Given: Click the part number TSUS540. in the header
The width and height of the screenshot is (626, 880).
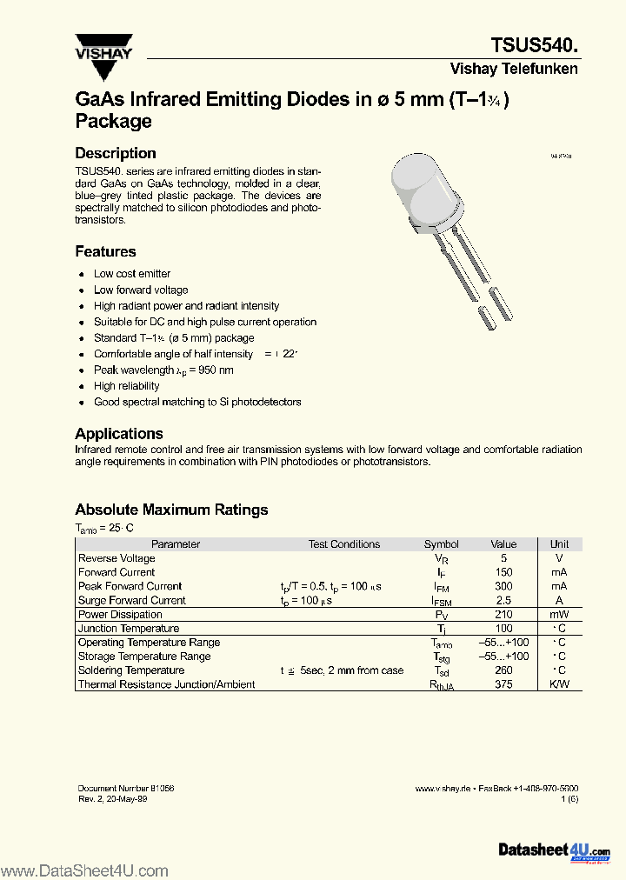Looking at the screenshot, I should coord(534,45).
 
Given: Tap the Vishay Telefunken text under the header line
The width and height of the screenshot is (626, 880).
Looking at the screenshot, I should coord(514,69).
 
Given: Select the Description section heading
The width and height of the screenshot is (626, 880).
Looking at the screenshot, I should coord(116,153).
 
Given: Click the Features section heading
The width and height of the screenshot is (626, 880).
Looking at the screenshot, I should coord(105,251).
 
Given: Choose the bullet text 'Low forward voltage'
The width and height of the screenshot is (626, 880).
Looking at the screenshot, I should coord(141,290).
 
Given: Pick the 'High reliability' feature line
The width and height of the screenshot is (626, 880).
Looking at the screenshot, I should coord(127,386).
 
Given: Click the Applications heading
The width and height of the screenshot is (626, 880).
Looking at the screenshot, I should coord(119,433).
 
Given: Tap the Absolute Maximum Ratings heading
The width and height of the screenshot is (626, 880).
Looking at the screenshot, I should coord(171,510).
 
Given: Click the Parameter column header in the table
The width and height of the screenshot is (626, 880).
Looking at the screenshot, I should coord(176,544).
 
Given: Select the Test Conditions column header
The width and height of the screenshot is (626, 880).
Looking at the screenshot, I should coord(344,544).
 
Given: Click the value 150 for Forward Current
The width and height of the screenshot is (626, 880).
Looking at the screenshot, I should coord(503,572).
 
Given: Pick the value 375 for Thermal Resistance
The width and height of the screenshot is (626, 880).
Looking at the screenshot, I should coord(503,684).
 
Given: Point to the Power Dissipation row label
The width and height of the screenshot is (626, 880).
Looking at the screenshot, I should coord(120,615).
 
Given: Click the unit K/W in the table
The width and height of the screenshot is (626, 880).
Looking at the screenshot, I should coord(559,684).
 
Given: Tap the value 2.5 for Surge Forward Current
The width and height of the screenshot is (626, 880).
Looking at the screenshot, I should coord(503,600).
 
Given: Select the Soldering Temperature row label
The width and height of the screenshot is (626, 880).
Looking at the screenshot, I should coord(131,670).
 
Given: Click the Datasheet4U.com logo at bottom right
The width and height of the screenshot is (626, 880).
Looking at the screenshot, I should coord(554,850).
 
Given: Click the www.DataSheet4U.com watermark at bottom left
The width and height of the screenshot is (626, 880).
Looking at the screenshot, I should coord(84,870).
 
